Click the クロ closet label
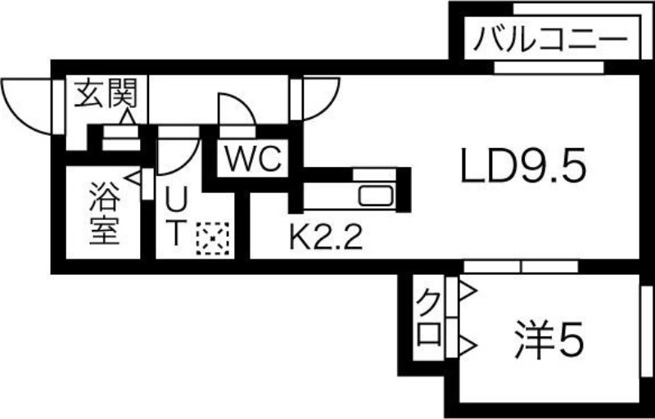click(428, 319)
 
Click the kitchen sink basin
click(377, 197)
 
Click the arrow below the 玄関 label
click(128, 118)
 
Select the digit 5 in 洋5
click(571, 338)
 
